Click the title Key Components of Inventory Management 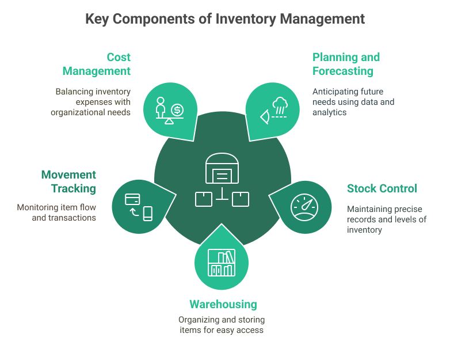[224, 19]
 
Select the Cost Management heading [96, 65]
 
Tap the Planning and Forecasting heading [346, 65]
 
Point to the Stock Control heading [382, 189]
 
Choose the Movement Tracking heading [68, 181]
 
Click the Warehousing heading [223, 304]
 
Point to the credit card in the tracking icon [133, 199]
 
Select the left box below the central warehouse [204, 199]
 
